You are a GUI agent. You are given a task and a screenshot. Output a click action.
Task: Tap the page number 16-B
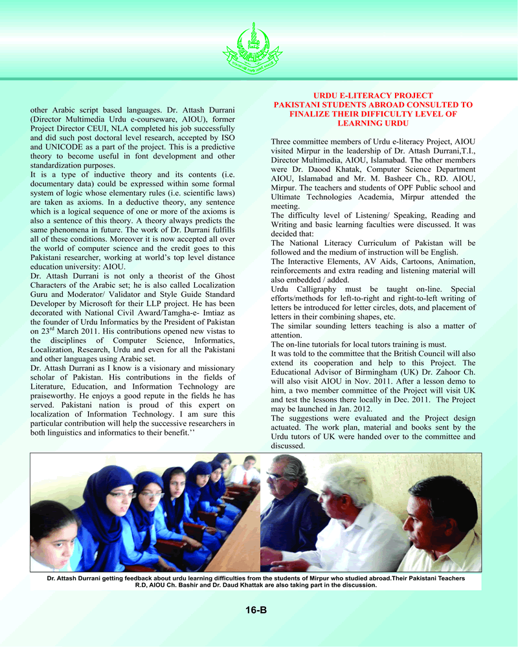256,609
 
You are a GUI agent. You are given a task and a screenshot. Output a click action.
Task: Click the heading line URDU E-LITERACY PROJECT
373,96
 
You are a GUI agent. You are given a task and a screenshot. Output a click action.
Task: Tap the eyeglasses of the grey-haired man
276,477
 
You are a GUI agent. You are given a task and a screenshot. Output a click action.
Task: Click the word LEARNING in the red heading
373,123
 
